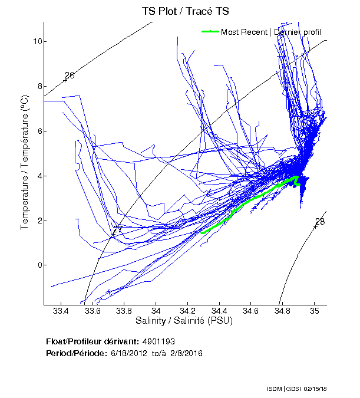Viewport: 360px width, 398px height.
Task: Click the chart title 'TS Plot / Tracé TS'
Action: tap(185, 11)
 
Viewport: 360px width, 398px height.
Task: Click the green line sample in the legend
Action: tap(210, 32)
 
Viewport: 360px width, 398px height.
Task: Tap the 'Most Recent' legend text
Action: tap(244, 32)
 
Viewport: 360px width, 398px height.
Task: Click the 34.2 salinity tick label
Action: tap(187, 311)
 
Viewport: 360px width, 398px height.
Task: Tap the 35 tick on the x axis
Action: tap(315, 311)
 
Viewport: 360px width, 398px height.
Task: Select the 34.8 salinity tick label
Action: tap(283, 311)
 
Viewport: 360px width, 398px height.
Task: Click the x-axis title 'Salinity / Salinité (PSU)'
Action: tap(185, 321)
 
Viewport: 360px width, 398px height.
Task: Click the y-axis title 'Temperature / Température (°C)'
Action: tap(25, 163)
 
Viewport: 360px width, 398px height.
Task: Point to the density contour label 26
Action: tap(70, 75)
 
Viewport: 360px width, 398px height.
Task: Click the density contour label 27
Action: tap(118, 229)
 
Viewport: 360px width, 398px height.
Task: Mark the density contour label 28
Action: tap(320, 222)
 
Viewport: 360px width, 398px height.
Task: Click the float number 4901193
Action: tap(158, 341)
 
